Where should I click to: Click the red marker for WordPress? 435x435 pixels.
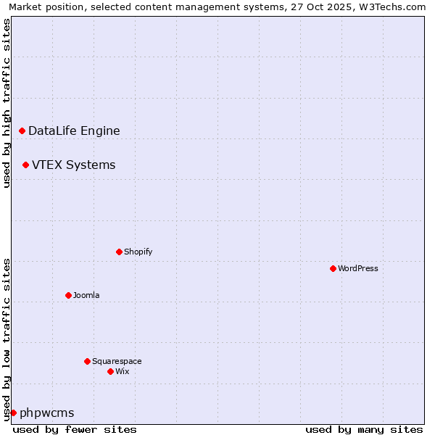point(333,268)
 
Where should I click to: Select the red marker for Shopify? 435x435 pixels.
point(119,252)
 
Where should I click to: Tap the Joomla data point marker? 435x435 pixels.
point(68,295)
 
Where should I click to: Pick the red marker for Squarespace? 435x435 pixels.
point(87,361)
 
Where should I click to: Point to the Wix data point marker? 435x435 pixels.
point(110,371)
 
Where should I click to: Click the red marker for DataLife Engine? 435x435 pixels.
point(22,130)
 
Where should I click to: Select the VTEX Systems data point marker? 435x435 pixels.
point(25,165)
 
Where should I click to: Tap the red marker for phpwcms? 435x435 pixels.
point(13,413)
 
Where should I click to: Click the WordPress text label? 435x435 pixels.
point(358,268)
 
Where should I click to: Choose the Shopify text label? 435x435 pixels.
point(138,252)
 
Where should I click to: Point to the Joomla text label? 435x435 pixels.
point(86,295)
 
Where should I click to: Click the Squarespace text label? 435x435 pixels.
point(117,361)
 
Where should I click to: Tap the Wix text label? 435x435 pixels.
point(122,371)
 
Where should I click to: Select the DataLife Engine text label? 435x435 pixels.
point(74,130)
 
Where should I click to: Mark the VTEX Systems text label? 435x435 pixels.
point(73,165)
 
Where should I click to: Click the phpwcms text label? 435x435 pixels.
point(46,413)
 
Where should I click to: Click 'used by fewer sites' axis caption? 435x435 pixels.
point(75,429)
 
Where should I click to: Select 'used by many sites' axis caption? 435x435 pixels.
point(364,429)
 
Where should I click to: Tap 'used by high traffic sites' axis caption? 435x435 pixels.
point(7,103)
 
